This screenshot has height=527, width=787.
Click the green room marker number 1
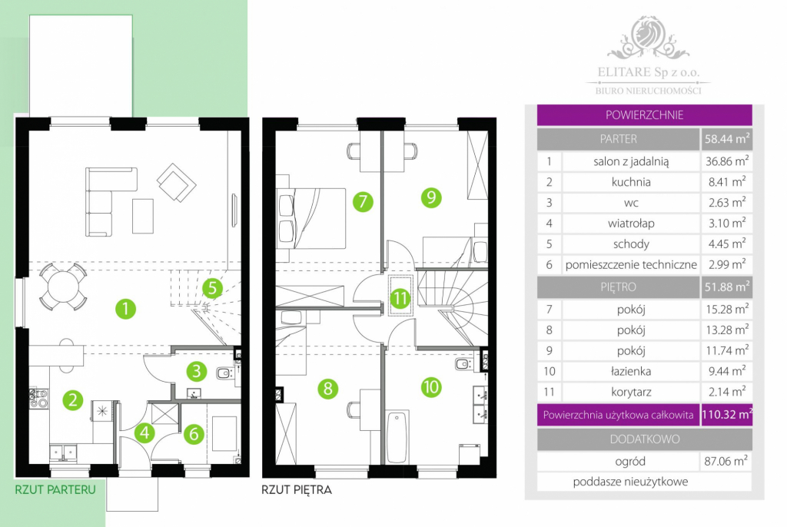(125, 309)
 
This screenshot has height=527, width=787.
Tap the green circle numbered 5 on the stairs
(212, 288)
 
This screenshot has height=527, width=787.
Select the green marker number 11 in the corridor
(400, 299)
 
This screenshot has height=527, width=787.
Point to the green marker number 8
(327, 389)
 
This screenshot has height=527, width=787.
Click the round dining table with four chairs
(63, 287)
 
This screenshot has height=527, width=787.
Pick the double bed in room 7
(311, 218)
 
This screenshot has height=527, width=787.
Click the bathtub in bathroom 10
(397, 436)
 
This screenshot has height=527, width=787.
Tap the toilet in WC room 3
(224, 373)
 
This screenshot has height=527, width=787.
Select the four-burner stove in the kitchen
(38, 397)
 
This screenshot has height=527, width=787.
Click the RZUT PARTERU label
(55, 489)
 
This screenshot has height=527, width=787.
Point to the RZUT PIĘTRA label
(297, 489)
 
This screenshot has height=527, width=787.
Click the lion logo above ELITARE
(648, 36)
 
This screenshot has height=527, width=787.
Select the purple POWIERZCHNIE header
(645, 115)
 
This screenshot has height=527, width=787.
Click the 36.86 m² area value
(727, 161)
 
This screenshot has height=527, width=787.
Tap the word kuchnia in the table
(631, 182)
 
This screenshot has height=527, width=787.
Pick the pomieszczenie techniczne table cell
(631, 264)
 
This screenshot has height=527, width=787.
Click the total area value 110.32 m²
(727, 415)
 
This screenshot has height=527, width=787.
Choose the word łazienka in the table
(631, 371)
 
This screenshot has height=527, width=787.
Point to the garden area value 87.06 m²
(726, 461)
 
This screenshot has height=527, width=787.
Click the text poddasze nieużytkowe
(630, 482)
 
